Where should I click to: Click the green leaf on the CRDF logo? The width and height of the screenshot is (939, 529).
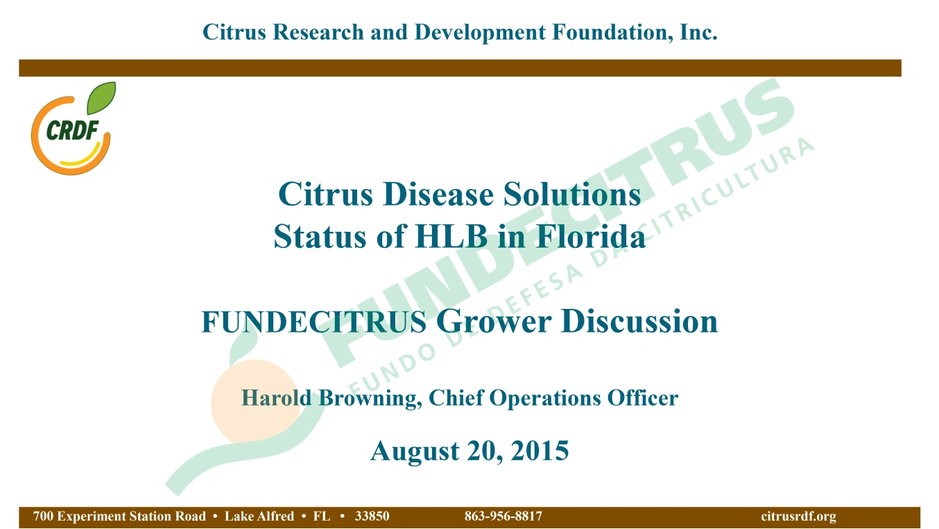coord(101,98)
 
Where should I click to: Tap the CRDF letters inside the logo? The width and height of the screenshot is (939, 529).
coord(73,131)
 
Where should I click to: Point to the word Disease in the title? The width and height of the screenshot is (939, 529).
coord(438,194)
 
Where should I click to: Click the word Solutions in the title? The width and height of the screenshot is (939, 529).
coord(571,194)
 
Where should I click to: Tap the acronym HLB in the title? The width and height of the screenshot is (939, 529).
coord(451,237)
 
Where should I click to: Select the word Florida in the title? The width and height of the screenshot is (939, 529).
coord(590,237)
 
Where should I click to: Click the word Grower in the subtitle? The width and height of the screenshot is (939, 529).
coord(493,321)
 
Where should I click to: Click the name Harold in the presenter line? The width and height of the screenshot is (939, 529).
coord(276,398)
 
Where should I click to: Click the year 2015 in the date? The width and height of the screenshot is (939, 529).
coord(540,451)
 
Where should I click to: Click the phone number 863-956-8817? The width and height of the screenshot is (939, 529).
coord(503,516)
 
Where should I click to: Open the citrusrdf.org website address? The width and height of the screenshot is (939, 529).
coord(799,517)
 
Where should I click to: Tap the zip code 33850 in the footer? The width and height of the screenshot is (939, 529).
coord(372,516)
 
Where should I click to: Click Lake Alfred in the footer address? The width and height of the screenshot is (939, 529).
coord(259,516)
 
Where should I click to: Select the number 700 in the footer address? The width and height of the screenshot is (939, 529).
coord(43,516)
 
